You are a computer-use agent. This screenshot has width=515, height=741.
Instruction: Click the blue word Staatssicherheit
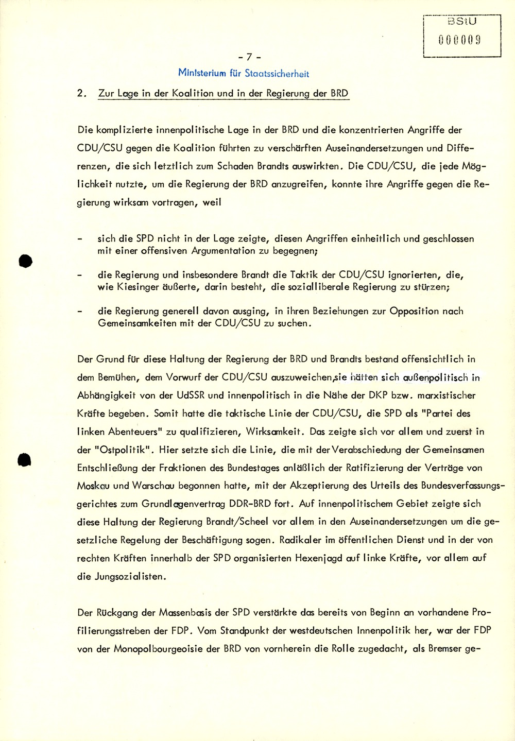click(x=277, y=74)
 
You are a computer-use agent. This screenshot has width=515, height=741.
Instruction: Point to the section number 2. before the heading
click(x=81, y=94)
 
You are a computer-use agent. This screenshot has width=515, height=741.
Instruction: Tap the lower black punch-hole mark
click(x=24, y=459)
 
